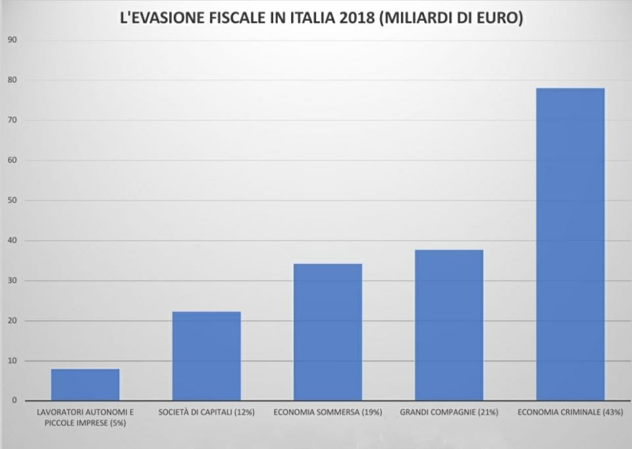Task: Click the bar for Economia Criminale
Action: pos(570,244)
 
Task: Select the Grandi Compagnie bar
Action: pos(449,325)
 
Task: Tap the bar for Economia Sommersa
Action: pos(328,332)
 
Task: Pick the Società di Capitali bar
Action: pos(206,356)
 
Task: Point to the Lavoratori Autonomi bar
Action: pos(85,385)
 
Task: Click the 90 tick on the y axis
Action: pos(12,40)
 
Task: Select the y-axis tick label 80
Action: pos(12,80)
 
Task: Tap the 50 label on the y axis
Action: pos(12,201)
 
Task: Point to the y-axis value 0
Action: pos(14,400)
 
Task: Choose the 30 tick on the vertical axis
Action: pos(12,281)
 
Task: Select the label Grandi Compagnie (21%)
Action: pos(449,413)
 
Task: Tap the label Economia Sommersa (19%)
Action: pos(327,413)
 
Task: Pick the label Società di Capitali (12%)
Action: pos(206,413)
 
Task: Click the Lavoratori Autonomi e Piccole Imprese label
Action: pos(85,417)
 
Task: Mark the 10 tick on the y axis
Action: pos(12,361)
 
